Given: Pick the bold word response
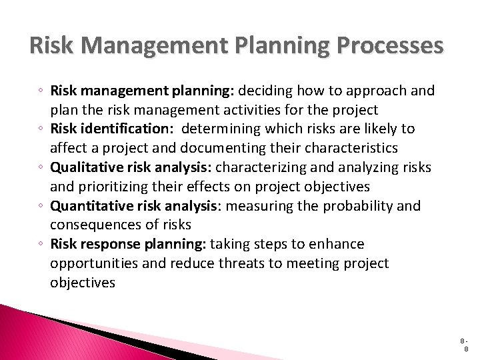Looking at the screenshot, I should click(109, 245).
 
